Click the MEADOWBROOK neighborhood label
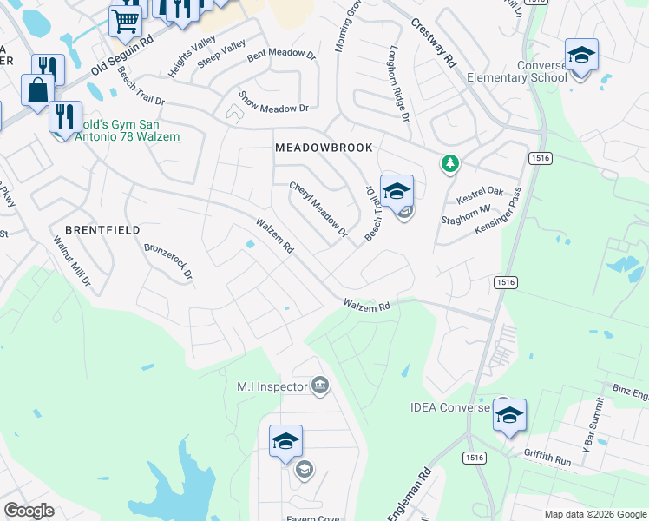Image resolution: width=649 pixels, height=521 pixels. (x=324, y=148)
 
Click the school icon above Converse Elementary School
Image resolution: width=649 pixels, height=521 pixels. (x=580, y=56)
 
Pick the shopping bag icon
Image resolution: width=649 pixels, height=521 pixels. (x=37, y=89)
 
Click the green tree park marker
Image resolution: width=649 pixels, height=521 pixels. (x=449, y=162)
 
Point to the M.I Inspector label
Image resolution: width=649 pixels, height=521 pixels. (x=272, y=386)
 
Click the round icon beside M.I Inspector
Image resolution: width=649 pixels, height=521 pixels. (x=320, y=386)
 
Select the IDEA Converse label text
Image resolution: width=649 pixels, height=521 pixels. (x=450, y=407)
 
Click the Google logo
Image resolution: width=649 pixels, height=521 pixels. (x=29, y=511)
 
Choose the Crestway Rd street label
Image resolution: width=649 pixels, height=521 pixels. (x=433, y=44)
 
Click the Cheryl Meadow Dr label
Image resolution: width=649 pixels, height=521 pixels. (x=318, y=209)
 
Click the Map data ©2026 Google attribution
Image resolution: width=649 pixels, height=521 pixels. (x=594, y=514)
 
